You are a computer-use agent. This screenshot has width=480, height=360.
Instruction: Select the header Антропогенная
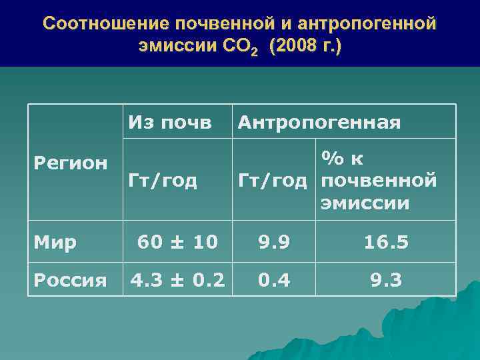pos(319,122)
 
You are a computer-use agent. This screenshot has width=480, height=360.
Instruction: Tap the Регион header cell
pos(70,162)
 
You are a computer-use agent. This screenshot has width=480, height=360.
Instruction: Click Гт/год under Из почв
pos(163,180)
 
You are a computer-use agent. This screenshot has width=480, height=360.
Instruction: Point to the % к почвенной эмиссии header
pos(378,180)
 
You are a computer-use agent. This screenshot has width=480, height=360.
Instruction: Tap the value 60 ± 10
pos(178,242)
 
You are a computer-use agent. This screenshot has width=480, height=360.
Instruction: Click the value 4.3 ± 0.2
pos(178,280)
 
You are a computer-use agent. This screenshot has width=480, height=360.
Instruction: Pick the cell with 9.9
pos(274,242)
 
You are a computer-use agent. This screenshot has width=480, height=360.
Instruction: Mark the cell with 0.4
pos(274,280)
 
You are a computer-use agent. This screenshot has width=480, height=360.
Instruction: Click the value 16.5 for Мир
pos(386,242)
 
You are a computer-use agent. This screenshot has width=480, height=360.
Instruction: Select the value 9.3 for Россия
pos(386,280)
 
